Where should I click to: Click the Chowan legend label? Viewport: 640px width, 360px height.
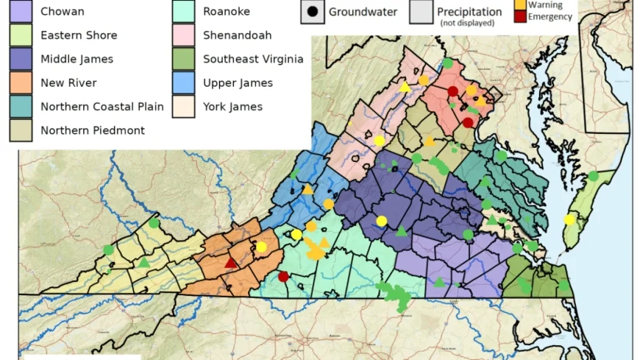[63, 12]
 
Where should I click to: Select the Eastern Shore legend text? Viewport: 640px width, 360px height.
[79, 35]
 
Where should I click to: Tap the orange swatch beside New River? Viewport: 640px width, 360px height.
[21, 83]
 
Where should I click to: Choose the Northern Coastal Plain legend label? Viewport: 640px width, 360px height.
[102, 107]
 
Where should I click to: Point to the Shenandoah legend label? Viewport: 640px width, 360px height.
[238, 35]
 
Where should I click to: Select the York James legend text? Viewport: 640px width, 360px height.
[232, 107]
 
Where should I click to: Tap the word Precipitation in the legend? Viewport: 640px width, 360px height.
[469, 12]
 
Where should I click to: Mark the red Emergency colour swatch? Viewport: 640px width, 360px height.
[520, 17]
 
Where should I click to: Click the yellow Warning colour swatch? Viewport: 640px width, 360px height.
[520, 5]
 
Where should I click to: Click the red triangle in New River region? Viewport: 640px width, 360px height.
[231, 263]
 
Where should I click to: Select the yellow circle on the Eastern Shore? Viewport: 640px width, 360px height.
[569, 219]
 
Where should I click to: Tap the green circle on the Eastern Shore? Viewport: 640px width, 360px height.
[593, 176]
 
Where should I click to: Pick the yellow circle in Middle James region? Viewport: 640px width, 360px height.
[381, 221]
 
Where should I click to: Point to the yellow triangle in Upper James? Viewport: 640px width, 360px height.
[308, 190]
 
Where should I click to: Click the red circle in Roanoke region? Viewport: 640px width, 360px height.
[283, 277]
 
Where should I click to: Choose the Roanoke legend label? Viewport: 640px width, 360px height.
[227, 12]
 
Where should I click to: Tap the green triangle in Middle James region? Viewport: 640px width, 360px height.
[402, 232]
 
